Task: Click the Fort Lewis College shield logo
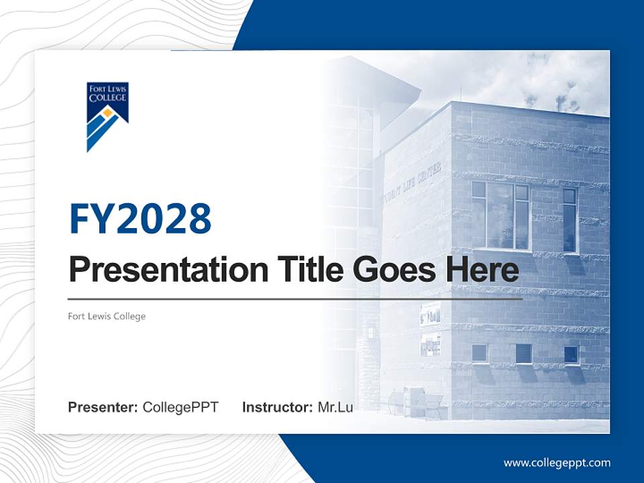tap(107, 117)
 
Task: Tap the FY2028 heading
tap(140, 219)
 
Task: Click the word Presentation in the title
tap(168, 270)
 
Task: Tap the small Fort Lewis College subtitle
tap(107, 316)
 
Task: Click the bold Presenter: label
tap(103, 407)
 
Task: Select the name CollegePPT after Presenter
tap(180, 407)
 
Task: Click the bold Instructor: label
tap(278, 407)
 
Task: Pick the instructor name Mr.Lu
tap(335, 407)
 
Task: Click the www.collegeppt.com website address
tap(557, 464)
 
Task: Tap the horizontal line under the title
tap(295, 299)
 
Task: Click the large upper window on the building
tap(500, 215)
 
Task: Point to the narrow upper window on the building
tap(570, 220)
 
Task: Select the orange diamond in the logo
tap(107, 112)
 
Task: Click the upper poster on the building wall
tap(430, 314)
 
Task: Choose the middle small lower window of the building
tap(524, 354)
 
